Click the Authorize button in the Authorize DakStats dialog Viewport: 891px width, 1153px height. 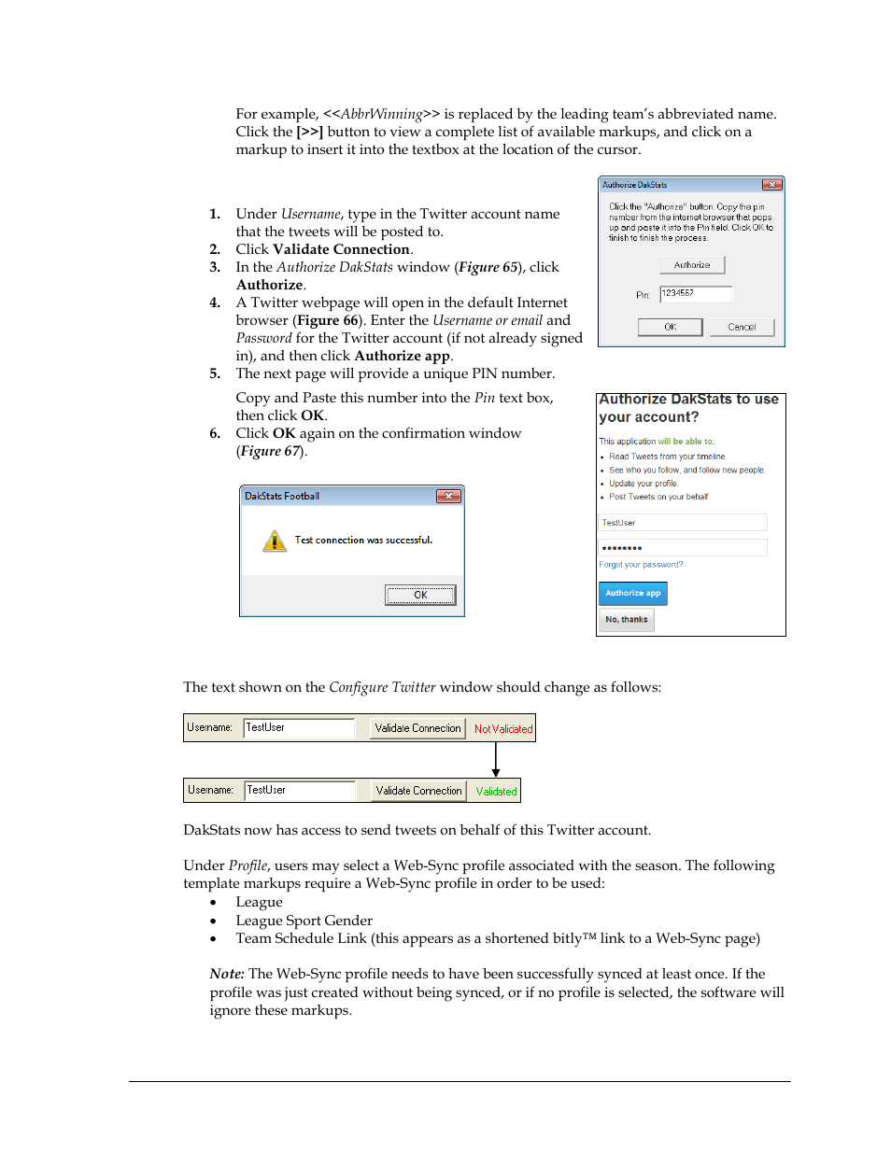click(692, 265)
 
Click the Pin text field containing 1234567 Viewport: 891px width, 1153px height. click(696, 294)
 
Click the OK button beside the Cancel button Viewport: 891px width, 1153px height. click(670, 327)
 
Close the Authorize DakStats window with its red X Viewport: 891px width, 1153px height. click(771, 185)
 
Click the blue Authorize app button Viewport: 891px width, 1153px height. click(632, 593)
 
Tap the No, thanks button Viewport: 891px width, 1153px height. click(626, 620)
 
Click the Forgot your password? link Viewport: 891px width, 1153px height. click(641, 565)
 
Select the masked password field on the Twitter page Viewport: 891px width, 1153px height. click(683, 548)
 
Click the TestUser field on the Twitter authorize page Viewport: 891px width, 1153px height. click(683, 523)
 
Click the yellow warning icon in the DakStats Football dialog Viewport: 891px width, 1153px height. click(275, 541)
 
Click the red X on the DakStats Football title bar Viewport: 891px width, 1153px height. click(448, 496)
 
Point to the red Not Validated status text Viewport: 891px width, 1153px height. click(503, 729)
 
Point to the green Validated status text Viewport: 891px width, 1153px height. click(496, 792)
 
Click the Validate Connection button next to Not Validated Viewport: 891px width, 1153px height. click(417, 728)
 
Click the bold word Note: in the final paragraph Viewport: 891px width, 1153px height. click(227, 974)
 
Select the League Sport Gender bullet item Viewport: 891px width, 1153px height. click(304, 921)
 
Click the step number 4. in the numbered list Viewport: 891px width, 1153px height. click(215, 302)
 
